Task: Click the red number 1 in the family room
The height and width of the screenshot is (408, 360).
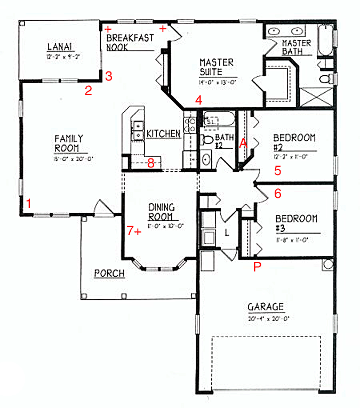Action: [x=29, y=203]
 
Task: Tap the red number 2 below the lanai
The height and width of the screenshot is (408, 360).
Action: [x=89, y=91]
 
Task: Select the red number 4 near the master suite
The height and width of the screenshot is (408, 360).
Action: [x=198, y=100]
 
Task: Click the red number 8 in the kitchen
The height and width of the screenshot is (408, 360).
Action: [x=151, y=163]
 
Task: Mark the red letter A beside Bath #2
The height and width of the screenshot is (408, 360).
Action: [x=243, y=143]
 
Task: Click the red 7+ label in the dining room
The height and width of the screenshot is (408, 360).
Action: [x=134, y=231]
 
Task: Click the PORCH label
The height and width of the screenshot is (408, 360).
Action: [x=109, y=274]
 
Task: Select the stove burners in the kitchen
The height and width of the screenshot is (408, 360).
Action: [x=190, y=124]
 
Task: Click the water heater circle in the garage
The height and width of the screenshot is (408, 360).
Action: [x=326, y=265]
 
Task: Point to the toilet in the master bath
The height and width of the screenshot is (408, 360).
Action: [x=324, y=79]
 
